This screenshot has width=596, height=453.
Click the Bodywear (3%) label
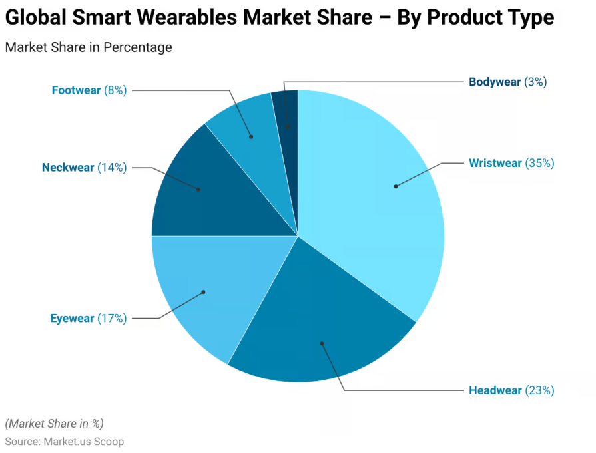point(507,82)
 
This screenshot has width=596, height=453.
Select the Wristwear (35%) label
point(511,163)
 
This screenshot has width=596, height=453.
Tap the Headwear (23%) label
point(511,390)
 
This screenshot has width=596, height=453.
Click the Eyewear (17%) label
point(88,319)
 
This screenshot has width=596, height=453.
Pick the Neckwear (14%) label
point(84,168)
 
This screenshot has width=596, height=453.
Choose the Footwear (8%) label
point(89,90)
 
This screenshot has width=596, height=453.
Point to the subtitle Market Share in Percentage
point(89,47)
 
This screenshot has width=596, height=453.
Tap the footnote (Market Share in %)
point(54,424)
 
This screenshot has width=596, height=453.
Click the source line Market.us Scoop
point(64,442)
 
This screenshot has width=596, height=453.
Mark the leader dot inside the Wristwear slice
point(396,186)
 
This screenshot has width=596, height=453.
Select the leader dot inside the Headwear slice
point(322,343)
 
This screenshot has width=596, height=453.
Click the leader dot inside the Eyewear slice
point(204,291)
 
